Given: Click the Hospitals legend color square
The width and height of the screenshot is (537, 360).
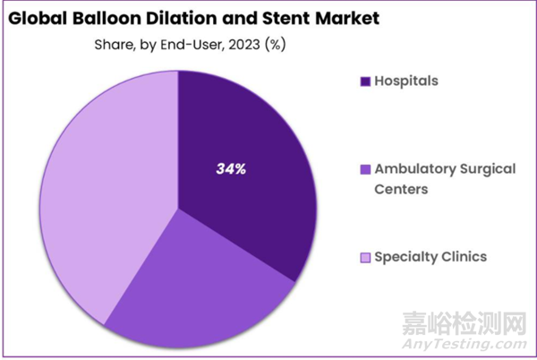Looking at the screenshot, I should pyautogui.click(x=365, y=81).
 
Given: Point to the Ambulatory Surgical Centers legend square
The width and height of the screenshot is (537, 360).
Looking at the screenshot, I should pyautogui.click(x=365, y=169).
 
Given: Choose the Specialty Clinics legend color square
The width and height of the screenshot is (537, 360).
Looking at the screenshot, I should pyautogui.click(x=365, y=257).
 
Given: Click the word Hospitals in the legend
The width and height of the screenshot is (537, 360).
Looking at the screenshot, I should pyautogui.click(x=407, y=81).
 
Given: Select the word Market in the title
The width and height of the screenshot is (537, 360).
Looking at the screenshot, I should pyautogui.click(x=340, y=17).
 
